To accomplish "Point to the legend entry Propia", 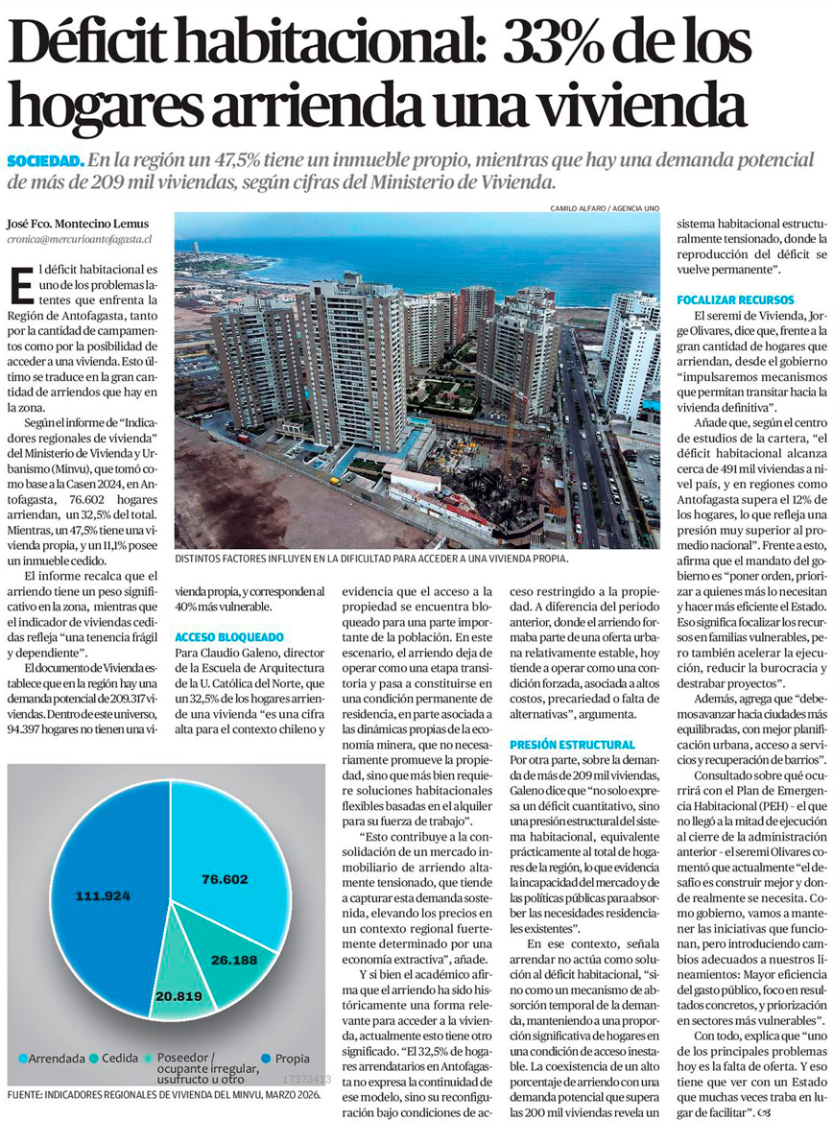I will [287, 1059].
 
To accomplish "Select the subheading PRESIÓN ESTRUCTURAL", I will [572, 718].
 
